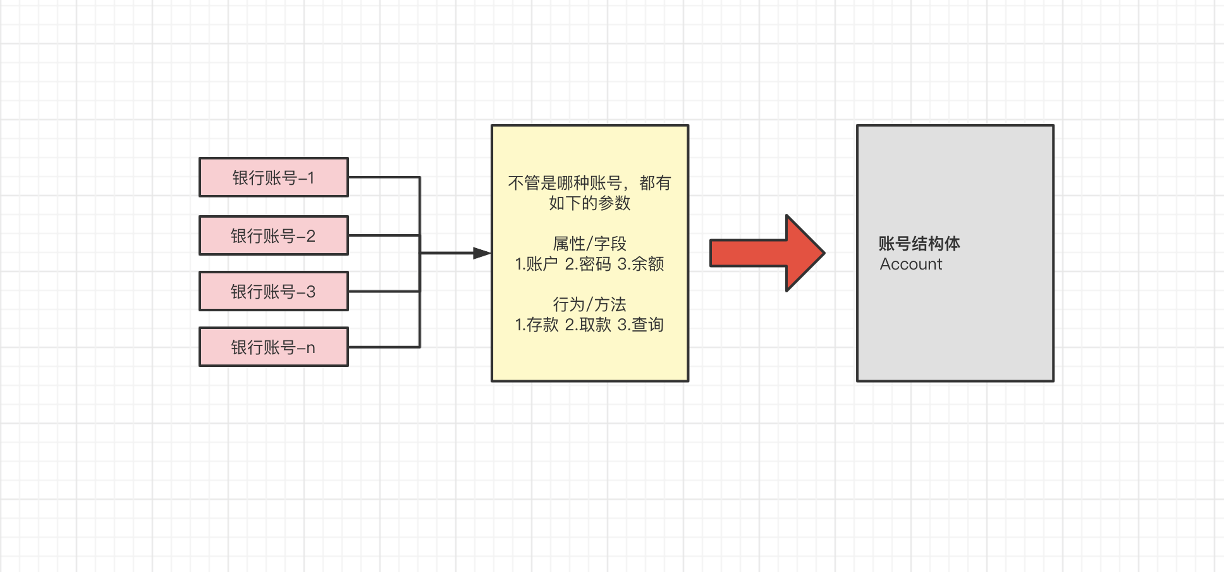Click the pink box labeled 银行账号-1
click(x=273, y=178)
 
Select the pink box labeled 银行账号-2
click(x=273, y=236)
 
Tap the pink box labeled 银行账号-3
click(x=273, y=292)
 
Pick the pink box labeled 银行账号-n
click(x=273, y=347)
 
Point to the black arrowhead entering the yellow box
click(x=482, y=253)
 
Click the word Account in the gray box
click(x=911, y=264)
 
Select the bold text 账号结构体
click(x=919, y=244)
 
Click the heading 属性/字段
click(x=589, y=244)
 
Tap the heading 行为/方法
click(x=589, y=304)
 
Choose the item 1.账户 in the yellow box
click(x=536, y=264)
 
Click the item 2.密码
click(x=588, y=264)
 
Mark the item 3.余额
click(x=640, y=264)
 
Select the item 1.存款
click(x=536, y=325)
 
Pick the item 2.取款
click(x=588, y=325)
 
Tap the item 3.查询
click(x=640, y=325)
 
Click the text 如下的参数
click(x=589, y=203)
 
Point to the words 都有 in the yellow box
click(x=655, y=183)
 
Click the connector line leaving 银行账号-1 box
click(x=384, y=177)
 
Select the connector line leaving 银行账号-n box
click(x=384, y=347)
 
